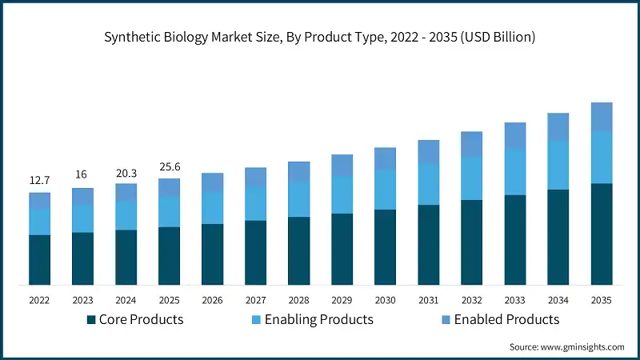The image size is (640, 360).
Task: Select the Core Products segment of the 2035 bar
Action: pyautogui.click(x=601, y=234)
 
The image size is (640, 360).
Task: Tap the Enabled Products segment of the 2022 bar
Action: pyautogui.click(x=39, y=200)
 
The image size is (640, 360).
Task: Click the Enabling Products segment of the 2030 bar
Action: pyautogui.click(x=385, y=190)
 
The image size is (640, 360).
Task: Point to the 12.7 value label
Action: pyautogui.click(x=39, y=181)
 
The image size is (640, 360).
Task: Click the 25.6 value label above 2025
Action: pyautogui.click(x=169, y=166)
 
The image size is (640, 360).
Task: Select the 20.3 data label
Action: pyautogui.click(x=126, y=171)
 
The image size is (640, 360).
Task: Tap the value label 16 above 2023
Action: pyautogui.click(x=82, y=176)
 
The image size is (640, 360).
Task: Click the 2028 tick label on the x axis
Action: pyautogui.click(x=298, y=300)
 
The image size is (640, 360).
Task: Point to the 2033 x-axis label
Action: pyautogui.click(x=514, y=300)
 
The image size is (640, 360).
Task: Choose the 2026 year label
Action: pyautogui.click(x=212, y=300)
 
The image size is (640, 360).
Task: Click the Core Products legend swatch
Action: pyautogui.click(x=90, y=320)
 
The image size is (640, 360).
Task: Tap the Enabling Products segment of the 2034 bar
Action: pyautogui.click(x=558, y=165)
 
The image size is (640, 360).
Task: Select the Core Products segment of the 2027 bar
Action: pyautogui.click(x=255, y=252)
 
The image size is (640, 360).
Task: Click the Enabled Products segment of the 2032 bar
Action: pyautogui.click(x=471, y=144)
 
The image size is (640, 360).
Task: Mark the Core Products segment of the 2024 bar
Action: pyautogui.click(x=126, y=257)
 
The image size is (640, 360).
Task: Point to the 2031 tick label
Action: pyautogui.click(x=428, y=300)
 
